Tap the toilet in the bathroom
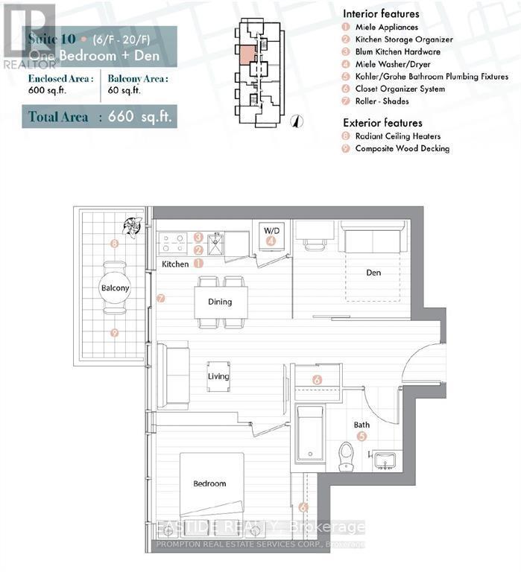(x=346, y=457)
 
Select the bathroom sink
(x=385, y=460)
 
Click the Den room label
(x=373, y=273)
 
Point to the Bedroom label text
(x=209, y=484)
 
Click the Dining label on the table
(x=220, y=302)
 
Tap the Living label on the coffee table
(x=218, y=377)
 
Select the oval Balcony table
(x=115, y=287)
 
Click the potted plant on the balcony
(x=133, y=226)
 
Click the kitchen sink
(x=216, y=244)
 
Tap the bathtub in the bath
(x=309, y=433)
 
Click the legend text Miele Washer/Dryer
(x=391, y=64)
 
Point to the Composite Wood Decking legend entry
(x=402, y=148)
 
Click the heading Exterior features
(x=382, y=122)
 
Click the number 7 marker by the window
(x=160, y=299)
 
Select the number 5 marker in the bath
(x=361, y=437)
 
